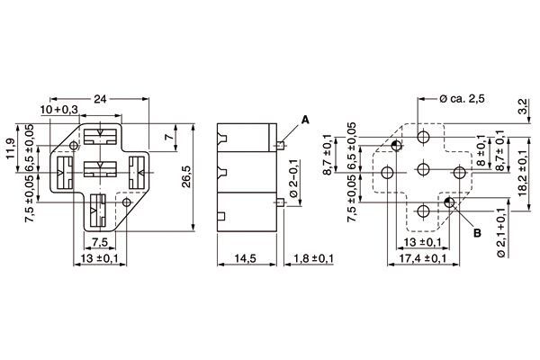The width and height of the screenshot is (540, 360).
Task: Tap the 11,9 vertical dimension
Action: (11, 148)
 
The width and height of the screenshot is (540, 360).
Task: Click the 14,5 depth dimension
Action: (245, 258)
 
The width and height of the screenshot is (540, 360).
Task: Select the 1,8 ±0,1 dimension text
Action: (315, 258)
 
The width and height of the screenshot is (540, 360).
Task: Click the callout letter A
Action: (305, 119)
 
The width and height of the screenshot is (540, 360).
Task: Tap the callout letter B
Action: (465, 232)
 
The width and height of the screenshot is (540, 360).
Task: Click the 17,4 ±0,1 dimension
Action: (423, 258)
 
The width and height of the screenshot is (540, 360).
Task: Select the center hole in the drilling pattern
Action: (423, 171)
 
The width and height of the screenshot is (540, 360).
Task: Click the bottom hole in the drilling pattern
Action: (423, 211)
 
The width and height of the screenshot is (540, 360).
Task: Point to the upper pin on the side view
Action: (282, 143)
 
